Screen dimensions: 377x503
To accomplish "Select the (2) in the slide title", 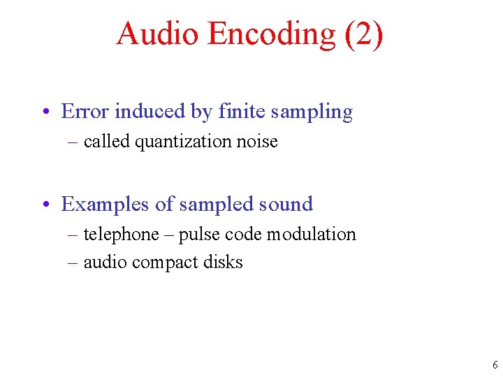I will (363, 33).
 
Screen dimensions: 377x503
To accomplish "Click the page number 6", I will (495, 365).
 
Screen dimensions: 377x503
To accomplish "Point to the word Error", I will (85, 111).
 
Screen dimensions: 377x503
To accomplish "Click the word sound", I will (286, 204).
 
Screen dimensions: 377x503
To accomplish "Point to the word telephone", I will (121, 235).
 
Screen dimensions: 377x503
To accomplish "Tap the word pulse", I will (198, 235).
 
